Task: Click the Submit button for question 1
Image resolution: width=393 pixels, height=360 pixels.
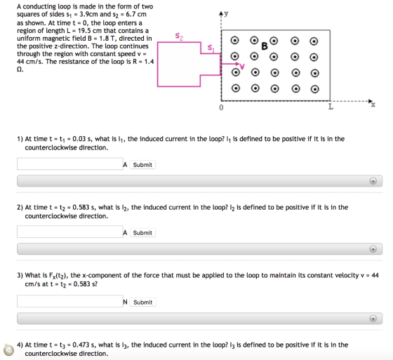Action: (142, 165)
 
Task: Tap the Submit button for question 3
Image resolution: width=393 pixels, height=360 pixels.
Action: (142, 302)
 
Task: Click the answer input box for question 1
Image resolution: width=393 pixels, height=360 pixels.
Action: (70, 164)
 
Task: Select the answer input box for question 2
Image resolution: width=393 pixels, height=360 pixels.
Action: (70, 232)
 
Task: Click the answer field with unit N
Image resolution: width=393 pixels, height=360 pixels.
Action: (70, 301)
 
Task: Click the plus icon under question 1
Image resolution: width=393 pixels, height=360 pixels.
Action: (373, 181)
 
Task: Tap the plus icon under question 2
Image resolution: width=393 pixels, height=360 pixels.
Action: (373, 249)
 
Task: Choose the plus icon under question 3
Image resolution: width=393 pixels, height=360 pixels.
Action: (373, 319)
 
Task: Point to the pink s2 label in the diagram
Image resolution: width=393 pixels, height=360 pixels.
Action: (179, 36)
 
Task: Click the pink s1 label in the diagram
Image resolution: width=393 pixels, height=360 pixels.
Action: (211, 48)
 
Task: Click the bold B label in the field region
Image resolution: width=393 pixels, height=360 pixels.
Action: (265, 46)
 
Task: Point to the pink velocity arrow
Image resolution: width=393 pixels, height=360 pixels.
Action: (230, 64)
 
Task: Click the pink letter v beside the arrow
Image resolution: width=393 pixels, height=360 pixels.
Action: (242, 67)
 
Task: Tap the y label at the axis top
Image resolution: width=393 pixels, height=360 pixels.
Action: (226, 13)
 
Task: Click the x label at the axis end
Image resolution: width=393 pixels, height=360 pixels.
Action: (373, 105)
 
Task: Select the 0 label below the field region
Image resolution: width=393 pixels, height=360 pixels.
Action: (221, 107)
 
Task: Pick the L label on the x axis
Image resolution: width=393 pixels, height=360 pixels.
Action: (331, 107)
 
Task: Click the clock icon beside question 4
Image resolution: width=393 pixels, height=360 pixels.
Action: (8, 349)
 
